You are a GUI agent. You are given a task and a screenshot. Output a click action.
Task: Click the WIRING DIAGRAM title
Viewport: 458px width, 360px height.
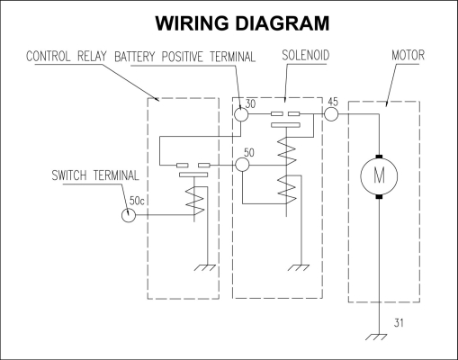pyautogui.click(x=242, y=23)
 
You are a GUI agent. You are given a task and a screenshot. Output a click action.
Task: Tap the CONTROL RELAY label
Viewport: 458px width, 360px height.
pyautogui.click(x=67, y=56)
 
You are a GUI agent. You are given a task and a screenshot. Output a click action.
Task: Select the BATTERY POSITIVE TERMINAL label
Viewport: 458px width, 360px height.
pyautogui.click(x=185, y=57)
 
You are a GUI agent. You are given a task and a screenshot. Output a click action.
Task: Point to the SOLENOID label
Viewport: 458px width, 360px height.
pyautogui.click(x=305, y=55)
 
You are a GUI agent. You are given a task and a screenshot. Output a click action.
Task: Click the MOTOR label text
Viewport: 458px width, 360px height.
pyautogui.click(x=408, y=55)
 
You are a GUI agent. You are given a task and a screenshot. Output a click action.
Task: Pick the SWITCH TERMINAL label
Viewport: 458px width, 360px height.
pyautogui.click(x=95, y=175)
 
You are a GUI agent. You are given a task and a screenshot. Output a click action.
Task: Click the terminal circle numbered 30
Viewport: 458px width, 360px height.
pyautogui.click(x=241, y=114)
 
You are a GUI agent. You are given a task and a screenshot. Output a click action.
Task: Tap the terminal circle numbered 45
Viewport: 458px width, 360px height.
pyautogui.click(x=331, y=114)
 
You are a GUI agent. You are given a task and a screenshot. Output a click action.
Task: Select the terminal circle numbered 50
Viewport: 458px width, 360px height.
pyautogui.click(x=242, y=165)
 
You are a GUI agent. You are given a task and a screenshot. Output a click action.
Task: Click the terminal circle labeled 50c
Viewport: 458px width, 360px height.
pyautogui.click(x=129, y=215)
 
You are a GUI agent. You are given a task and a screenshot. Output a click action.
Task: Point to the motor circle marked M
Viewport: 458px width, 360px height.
pyautogui.click(x=379, y=176)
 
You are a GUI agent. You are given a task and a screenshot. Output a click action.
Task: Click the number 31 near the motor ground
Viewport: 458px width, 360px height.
pyautogui.click(x=399, y=323)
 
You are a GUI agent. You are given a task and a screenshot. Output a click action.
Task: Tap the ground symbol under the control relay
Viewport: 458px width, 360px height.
pyautogui.click(x=204, y=267)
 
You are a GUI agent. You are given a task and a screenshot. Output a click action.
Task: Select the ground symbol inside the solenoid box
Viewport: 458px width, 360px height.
pyautogui.click(x=298, y=267)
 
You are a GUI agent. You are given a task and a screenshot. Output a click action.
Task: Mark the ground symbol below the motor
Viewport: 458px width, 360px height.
pyautogui.click(x=376, y=337)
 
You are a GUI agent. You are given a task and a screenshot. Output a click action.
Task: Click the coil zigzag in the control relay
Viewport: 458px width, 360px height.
pyautogui.click(x=195, y=201)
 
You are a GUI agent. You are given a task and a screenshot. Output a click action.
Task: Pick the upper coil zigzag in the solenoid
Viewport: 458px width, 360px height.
pyautogui.click(x=287, y=151)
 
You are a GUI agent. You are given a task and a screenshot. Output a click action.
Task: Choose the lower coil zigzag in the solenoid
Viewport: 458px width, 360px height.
pyautogui.click(x=287, y=190)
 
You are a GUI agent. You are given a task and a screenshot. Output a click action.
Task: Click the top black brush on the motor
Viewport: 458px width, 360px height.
pyautogui.click(x=379, y=157)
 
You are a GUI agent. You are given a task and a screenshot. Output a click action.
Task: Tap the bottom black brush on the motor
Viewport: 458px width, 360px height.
pyautogui.click(x=379, y=197)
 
